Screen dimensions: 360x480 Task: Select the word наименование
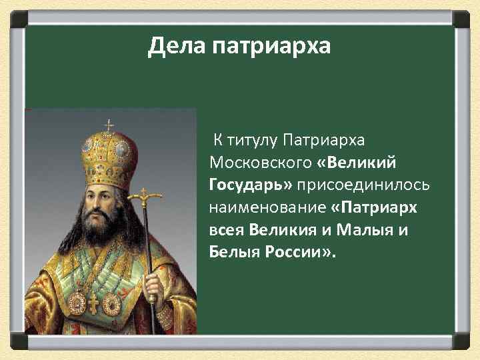pos(267,207)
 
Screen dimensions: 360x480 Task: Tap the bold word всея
pos(227,230)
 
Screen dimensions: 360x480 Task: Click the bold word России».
pos(299,253)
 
